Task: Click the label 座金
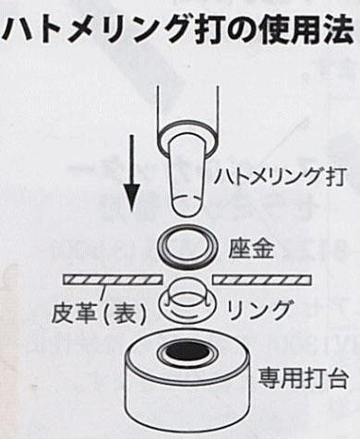click(x=251, y=249)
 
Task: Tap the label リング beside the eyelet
click(x=258, y=310)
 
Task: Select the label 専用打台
click(x=303, y=378)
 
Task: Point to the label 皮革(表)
click(x=98, y=313)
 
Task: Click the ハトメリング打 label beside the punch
click(x=280, y=176)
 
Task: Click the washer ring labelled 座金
click(x=188, y=248)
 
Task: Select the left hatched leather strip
click(x=113, y=279)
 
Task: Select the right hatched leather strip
click(x=262, y=279)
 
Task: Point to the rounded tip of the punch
click(x=186, y=209)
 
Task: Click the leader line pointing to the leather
click(x=102, y=292)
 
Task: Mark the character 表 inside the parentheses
click(x=123, y=314)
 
